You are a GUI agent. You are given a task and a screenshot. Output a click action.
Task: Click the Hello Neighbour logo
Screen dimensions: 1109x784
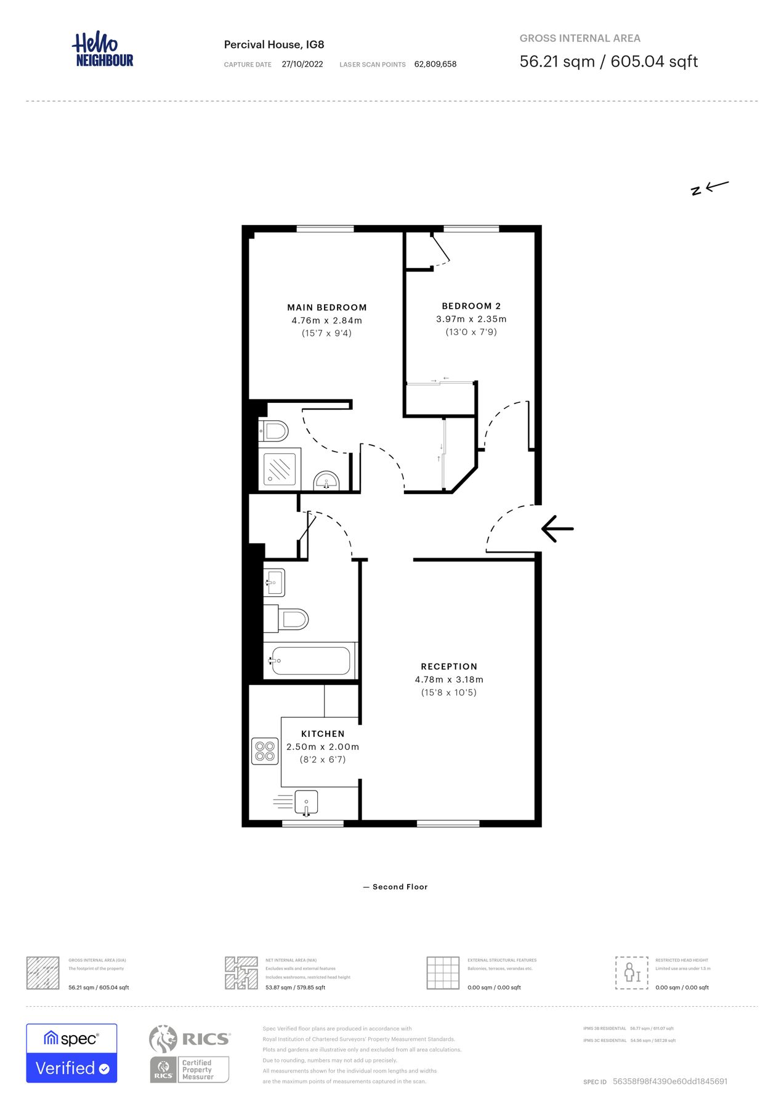(x=103, y=50)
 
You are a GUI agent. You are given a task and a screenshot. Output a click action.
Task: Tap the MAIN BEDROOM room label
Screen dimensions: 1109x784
(x=326, y=307)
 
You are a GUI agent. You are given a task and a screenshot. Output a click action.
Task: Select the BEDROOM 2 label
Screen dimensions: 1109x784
(x=471, y=306)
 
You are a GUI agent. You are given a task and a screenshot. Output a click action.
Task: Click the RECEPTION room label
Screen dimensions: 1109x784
(x=449, y=667)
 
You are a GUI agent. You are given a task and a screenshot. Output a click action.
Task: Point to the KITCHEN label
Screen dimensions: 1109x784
(x=323, y=734)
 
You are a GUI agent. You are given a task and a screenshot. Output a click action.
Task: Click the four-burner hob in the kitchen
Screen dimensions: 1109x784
(x=265, y=751)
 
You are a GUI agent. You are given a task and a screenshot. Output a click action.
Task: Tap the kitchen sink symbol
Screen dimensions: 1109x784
(x=306, y=802)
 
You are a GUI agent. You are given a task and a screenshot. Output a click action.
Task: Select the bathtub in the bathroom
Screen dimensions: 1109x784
(x=310, y=660)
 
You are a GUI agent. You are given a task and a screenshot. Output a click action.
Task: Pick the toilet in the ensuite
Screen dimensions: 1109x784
(x=273, y=431)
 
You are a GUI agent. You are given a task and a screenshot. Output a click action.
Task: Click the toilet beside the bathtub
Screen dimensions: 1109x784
(x=287, y=619)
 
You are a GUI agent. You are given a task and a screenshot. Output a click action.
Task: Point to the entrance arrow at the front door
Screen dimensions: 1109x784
(x=557, y=529)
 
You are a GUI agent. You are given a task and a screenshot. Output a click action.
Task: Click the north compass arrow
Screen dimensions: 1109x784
(x=709, y=187)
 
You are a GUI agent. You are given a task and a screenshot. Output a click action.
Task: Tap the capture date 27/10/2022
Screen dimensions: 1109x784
(x=302, y=64)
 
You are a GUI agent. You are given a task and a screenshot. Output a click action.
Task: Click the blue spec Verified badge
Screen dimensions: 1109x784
(x=71, y=1053)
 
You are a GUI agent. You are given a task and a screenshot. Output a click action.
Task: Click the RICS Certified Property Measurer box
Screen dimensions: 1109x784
(x=190, y=1070)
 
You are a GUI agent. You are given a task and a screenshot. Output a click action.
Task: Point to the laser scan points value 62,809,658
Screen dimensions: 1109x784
(x=435, y=64)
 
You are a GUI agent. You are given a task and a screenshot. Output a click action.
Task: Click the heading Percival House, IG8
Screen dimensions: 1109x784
(x=274, y=44)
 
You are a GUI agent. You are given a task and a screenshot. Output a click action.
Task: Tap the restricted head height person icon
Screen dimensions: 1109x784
(x=631, y=973)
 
